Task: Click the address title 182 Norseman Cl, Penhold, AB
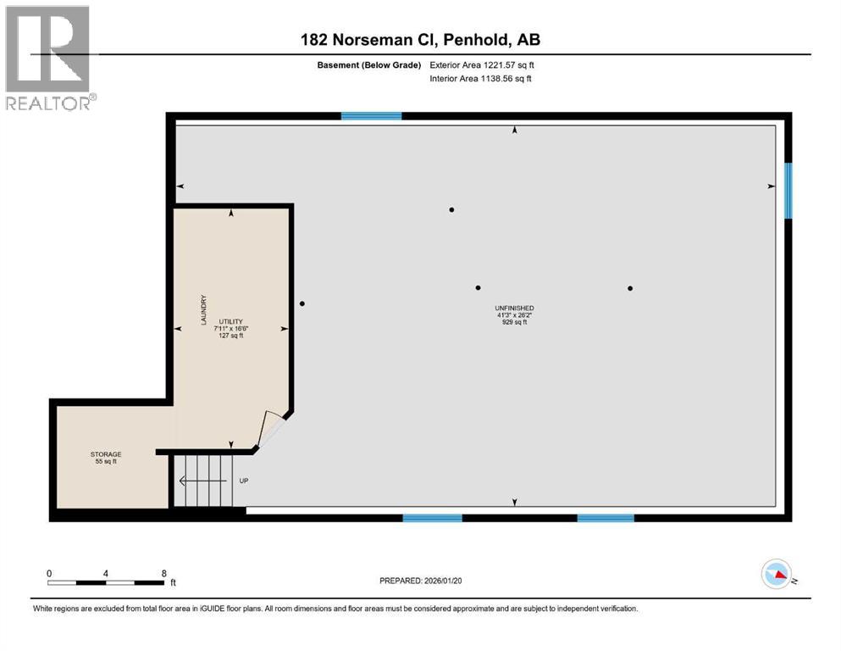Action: click(420, 39)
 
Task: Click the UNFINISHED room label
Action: click(515, 308)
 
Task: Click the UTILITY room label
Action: click(231, 321)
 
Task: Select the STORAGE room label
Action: click(106, 454)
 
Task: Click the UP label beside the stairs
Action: click(243, 481)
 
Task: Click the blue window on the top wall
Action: click(371, 116)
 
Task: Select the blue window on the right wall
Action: click(788, 191)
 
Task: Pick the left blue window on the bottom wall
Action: click(432, 517)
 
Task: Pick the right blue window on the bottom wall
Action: click(606, 517)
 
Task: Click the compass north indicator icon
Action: click(777, 575)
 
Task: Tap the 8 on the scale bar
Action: click(163, 573)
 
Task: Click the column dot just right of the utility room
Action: click(302, 303)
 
